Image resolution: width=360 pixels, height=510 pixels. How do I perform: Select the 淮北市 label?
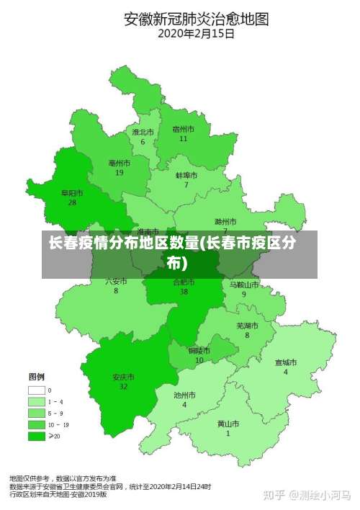[x=143, y=133]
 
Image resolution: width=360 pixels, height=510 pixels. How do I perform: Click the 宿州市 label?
[x=184, y=130]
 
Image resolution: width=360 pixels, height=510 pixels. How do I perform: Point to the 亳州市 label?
[x=119, y=164]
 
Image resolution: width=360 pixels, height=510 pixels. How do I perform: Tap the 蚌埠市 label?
[x=186, y=175]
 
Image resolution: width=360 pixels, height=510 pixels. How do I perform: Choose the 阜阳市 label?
[x=71, y=193]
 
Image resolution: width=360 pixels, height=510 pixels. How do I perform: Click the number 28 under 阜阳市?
[x=72, y=202]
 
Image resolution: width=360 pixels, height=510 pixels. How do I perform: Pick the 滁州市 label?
[x=225, y=221]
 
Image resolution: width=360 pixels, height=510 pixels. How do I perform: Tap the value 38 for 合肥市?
[x=184, y=292]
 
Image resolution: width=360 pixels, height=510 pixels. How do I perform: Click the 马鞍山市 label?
[x=243, y=285]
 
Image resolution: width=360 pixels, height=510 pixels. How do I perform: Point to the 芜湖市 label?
[x=247, y=326]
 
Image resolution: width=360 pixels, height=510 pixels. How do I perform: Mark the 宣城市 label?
[x=285, y=362]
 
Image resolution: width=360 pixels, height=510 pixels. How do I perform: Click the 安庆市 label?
[x=123, y=377]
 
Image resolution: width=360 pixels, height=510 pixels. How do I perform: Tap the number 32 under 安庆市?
[x=123, y=387]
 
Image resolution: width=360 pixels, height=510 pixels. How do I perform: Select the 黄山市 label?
[x=228, y=424]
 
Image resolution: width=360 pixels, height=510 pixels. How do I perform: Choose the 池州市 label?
[x=184, y=395]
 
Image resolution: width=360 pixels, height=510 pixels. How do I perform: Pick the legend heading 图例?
[x=36, y=377]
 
